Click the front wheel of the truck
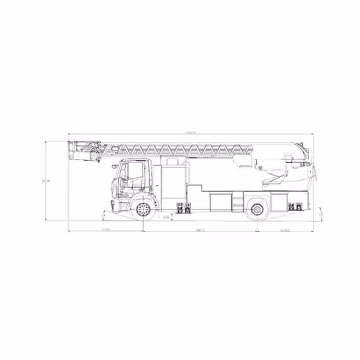coord(143,210)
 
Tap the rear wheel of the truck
coord(257,210)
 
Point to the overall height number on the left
coord(46,181)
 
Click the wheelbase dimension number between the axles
coord(200,231)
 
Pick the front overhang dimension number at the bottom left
coord(105,231)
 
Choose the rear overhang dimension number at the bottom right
coord(284,231)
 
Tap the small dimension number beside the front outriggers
coord(166,218)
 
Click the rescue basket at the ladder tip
coord(83,150)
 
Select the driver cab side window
coord(133,173)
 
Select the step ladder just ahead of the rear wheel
coord(237,203)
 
